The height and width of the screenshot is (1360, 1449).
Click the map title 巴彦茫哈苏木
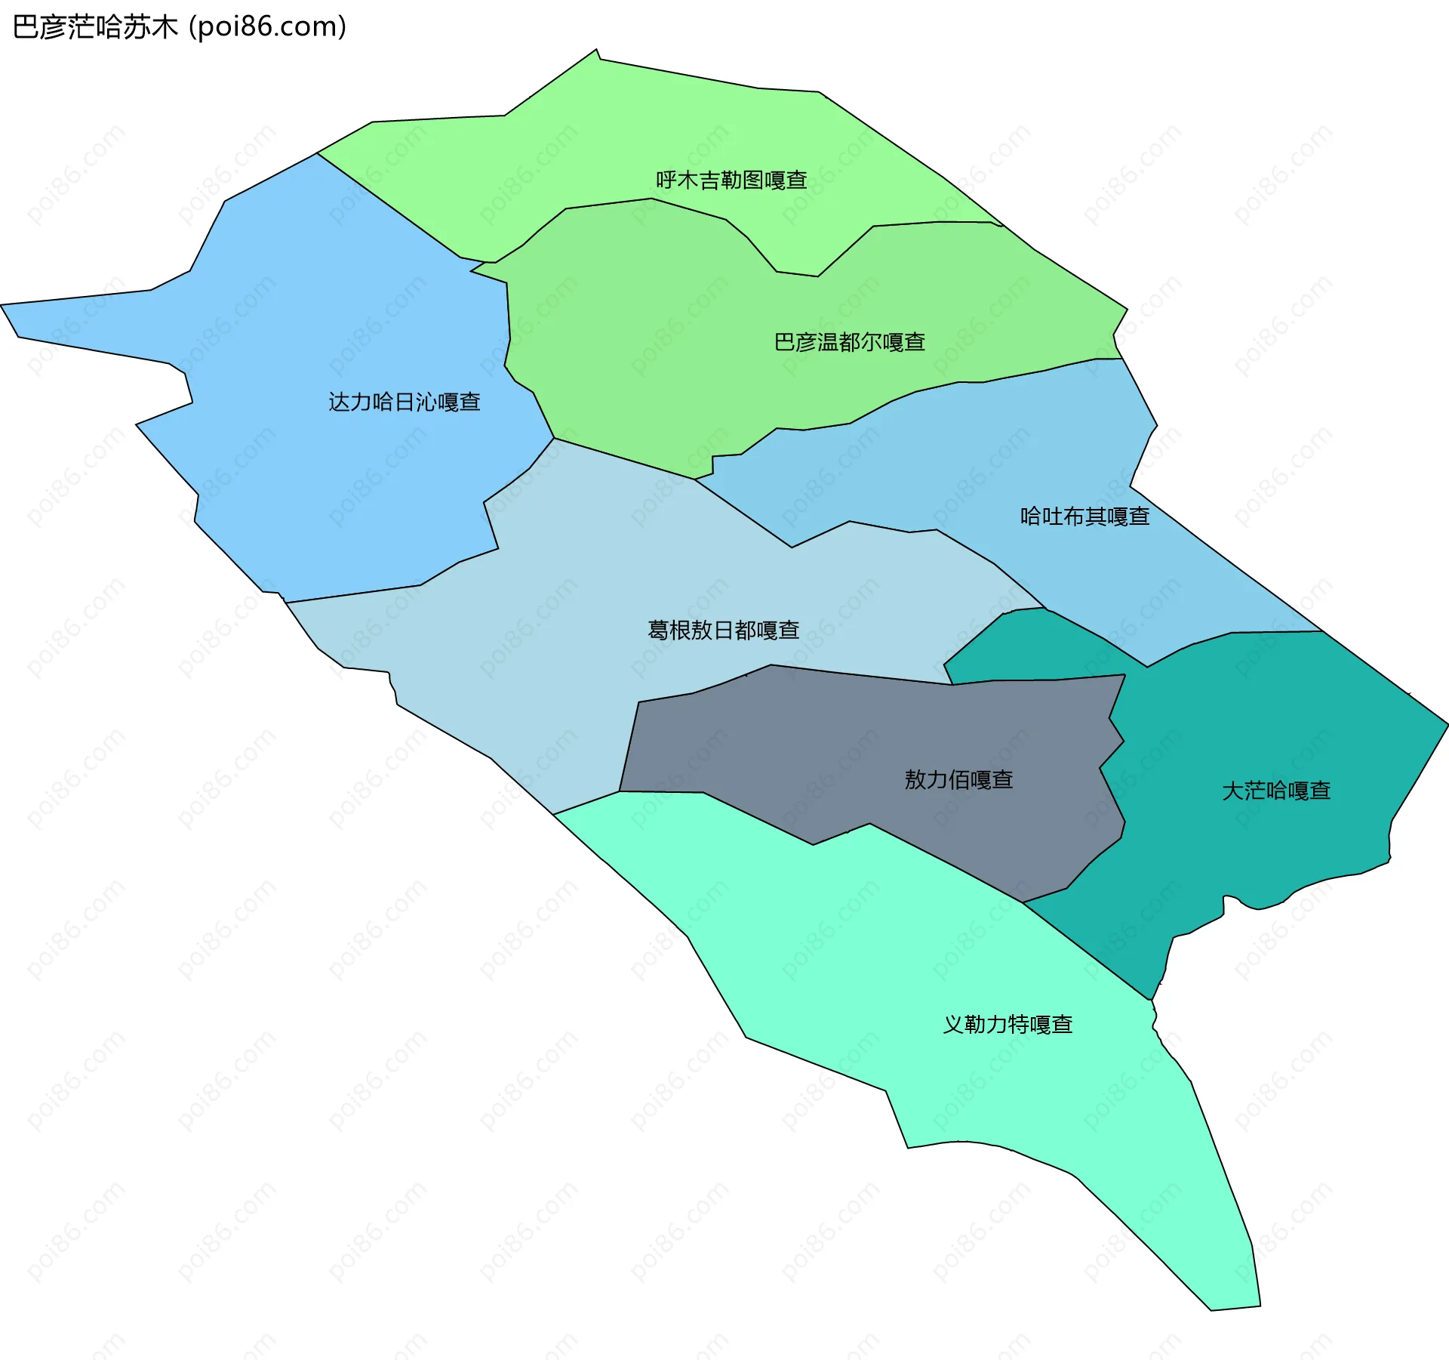tap(95, 27)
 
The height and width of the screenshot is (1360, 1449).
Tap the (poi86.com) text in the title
tap(267, 27)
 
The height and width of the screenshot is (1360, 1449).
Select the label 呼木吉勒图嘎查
tap(731, 180)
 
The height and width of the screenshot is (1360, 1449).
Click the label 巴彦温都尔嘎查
tap(850, 343)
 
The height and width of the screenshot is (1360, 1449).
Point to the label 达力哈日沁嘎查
tap(405, 402)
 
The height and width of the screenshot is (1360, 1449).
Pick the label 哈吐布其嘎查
tap(1084, 517)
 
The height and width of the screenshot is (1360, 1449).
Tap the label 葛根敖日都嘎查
tap(723, 631)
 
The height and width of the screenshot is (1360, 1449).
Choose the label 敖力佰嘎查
tap(958, 780)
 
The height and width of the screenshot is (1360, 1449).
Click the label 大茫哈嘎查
tap(1276, 791)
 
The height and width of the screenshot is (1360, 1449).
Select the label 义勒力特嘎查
tap(1008, 1025)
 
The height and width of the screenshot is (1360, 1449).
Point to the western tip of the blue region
tap(3, 306)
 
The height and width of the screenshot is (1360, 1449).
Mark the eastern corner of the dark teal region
tap(1446, 725)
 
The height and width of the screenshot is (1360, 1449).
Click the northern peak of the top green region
tap(596, 51)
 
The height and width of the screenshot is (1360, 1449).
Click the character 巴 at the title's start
tap(25, 27)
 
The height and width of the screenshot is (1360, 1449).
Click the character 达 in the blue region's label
tap(339, 402)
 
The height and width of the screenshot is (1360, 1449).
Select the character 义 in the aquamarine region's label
tap(953, 1025)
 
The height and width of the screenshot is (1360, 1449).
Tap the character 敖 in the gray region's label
tap(915, 780)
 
